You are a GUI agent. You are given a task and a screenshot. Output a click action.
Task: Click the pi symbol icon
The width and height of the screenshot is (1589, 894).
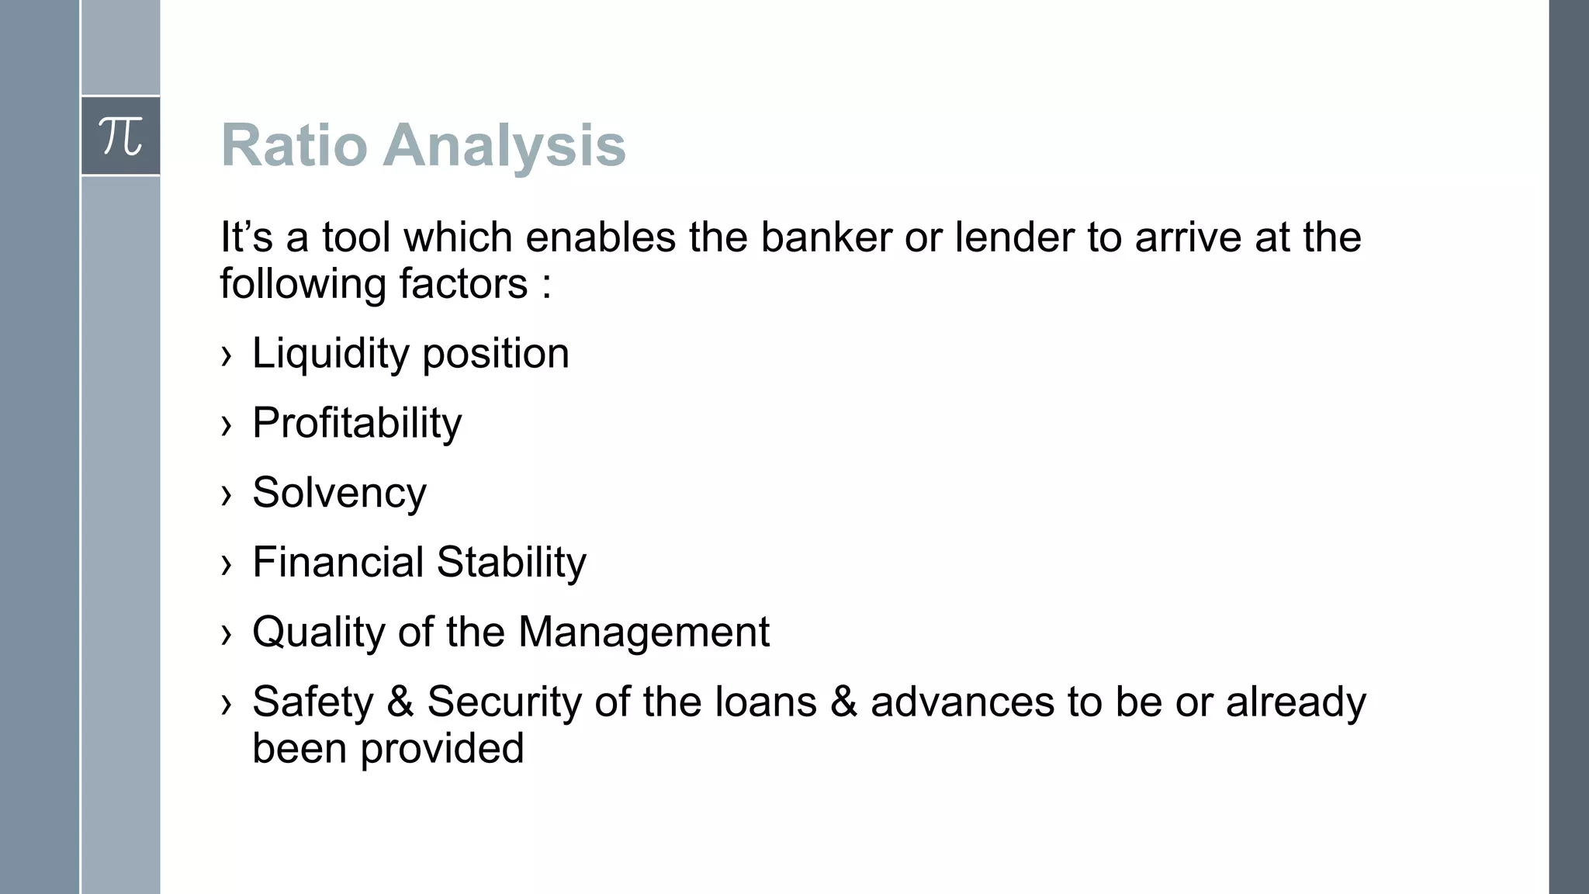tap(121, 137)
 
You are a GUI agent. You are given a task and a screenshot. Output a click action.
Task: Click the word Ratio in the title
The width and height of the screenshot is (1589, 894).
tap(294, 145)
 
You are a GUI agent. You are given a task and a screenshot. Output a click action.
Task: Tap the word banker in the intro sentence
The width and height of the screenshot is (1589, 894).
tap(826, 237)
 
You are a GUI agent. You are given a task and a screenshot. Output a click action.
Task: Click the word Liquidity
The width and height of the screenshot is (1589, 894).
tap(331, 354)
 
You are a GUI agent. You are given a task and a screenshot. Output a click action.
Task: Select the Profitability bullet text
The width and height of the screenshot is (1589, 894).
tap(357, 424)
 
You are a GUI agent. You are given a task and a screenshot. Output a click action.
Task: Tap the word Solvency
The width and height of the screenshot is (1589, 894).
tap(339, 493)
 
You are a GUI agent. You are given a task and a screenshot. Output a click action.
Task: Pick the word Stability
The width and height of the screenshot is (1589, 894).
tap(511, 562)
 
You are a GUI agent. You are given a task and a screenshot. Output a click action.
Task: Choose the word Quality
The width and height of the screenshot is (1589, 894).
tap(319, 632)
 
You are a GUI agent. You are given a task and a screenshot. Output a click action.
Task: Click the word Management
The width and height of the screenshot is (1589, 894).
tap(643, 632)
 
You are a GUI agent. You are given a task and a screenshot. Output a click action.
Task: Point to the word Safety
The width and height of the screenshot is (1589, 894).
tap(313, 702)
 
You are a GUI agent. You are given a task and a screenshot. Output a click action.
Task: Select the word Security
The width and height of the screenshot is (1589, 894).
tap(504, 702)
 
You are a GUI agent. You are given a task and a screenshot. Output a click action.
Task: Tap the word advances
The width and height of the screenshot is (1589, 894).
tap(962, 702)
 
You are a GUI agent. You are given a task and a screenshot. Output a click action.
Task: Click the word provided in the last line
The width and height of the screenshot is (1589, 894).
tap(442, 749)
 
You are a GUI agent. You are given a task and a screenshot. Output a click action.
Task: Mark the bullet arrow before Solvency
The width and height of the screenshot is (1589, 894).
tap(227, 495)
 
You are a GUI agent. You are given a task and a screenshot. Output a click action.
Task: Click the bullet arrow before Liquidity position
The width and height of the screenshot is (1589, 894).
tap(227, 356)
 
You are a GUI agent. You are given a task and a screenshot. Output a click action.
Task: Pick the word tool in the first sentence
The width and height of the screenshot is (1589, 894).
tap(356, 237)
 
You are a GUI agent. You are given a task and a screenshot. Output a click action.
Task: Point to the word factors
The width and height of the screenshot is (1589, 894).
tap(463, 284)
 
